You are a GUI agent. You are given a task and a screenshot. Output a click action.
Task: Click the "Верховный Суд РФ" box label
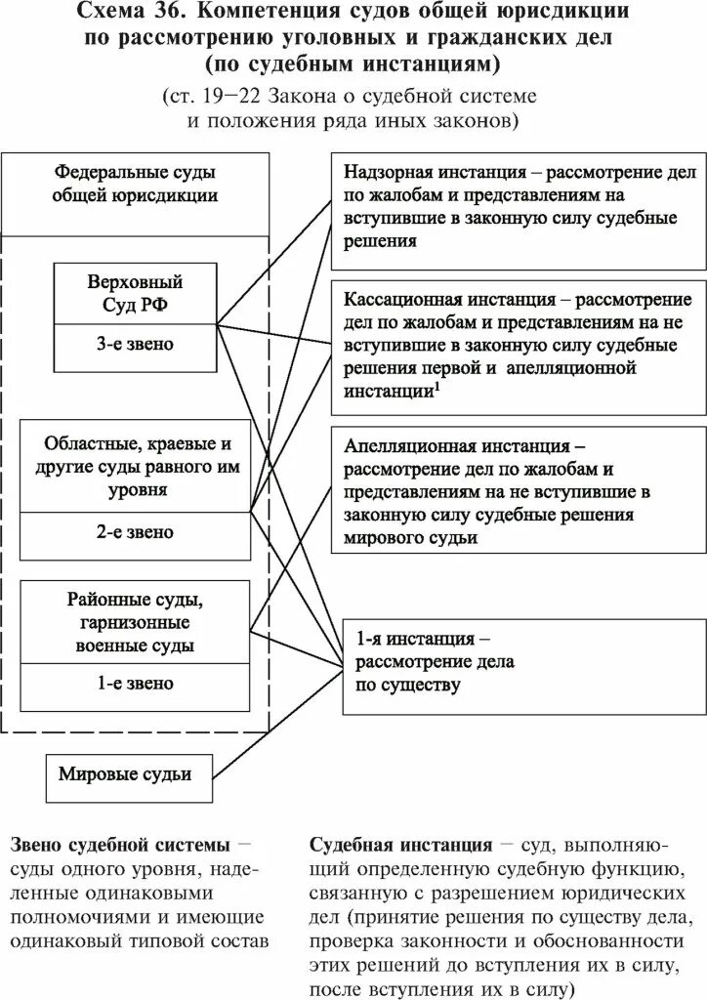click(x=136, y=293)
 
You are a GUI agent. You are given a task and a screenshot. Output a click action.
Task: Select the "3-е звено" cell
click(x=136, y=346)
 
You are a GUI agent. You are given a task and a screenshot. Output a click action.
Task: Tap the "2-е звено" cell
click(x=135, y=532)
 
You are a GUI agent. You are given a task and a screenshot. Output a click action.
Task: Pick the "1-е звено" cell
click(x=135, y=684)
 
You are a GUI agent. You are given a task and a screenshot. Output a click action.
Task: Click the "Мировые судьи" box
click(x=125, y=774)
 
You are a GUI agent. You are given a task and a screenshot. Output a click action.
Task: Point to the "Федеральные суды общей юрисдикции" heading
click(x=136, y=183)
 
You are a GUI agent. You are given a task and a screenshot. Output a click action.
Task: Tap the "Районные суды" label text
click(x=136, y=599)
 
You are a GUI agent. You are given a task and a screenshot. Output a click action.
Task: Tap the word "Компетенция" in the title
click(x=283, y=13)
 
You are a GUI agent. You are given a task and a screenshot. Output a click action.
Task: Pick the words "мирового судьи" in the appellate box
click(x=410, y=537)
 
